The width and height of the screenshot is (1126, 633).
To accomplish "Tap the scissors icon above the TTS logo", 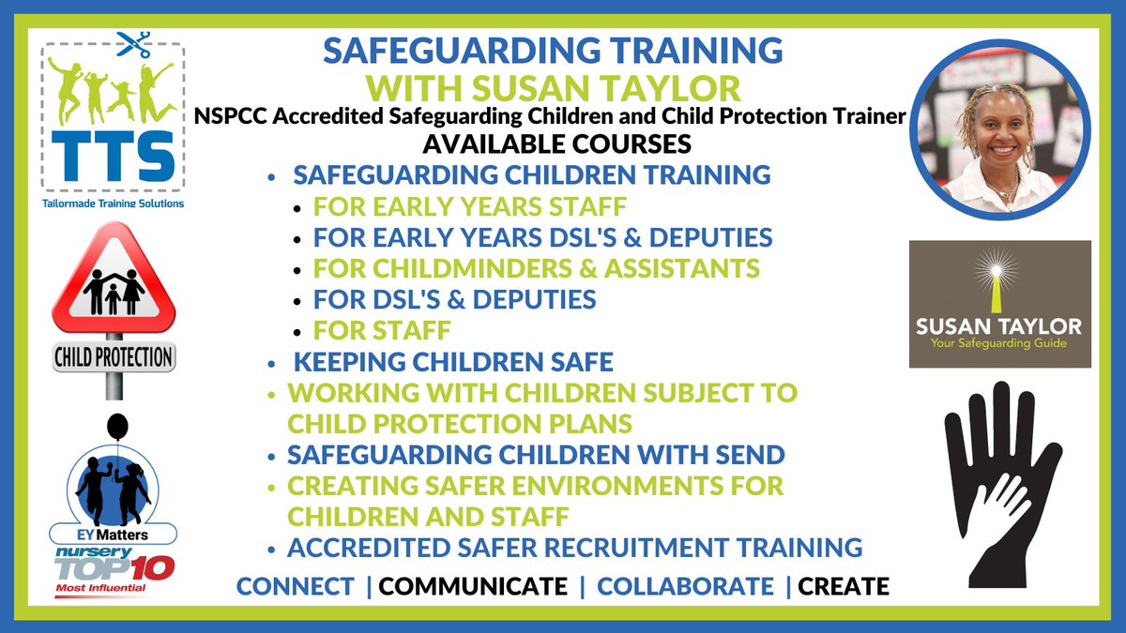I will (x=132, y=44).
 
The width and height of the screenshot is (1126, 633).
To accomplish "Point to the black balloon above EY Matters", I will (x=116, y=428).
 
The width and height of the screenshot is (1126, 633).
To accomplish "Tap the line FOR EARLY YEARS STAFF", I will (x=470, y=205).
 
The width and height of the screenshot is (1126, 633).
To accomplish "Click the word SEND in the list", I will (x=750, y=455).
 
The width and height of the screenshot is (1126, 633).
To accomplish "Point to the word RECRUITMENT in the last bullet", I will (x=647, y=547).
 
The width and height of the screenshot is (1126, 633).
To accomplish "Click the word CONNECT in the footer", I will (x=296, y=586).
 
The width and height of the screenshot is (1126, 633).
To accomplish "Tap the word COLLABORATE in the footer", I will (x=686, y=586).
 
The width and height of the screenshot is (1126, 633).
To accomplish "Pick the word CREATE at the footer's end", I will (x=844, y=586).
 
